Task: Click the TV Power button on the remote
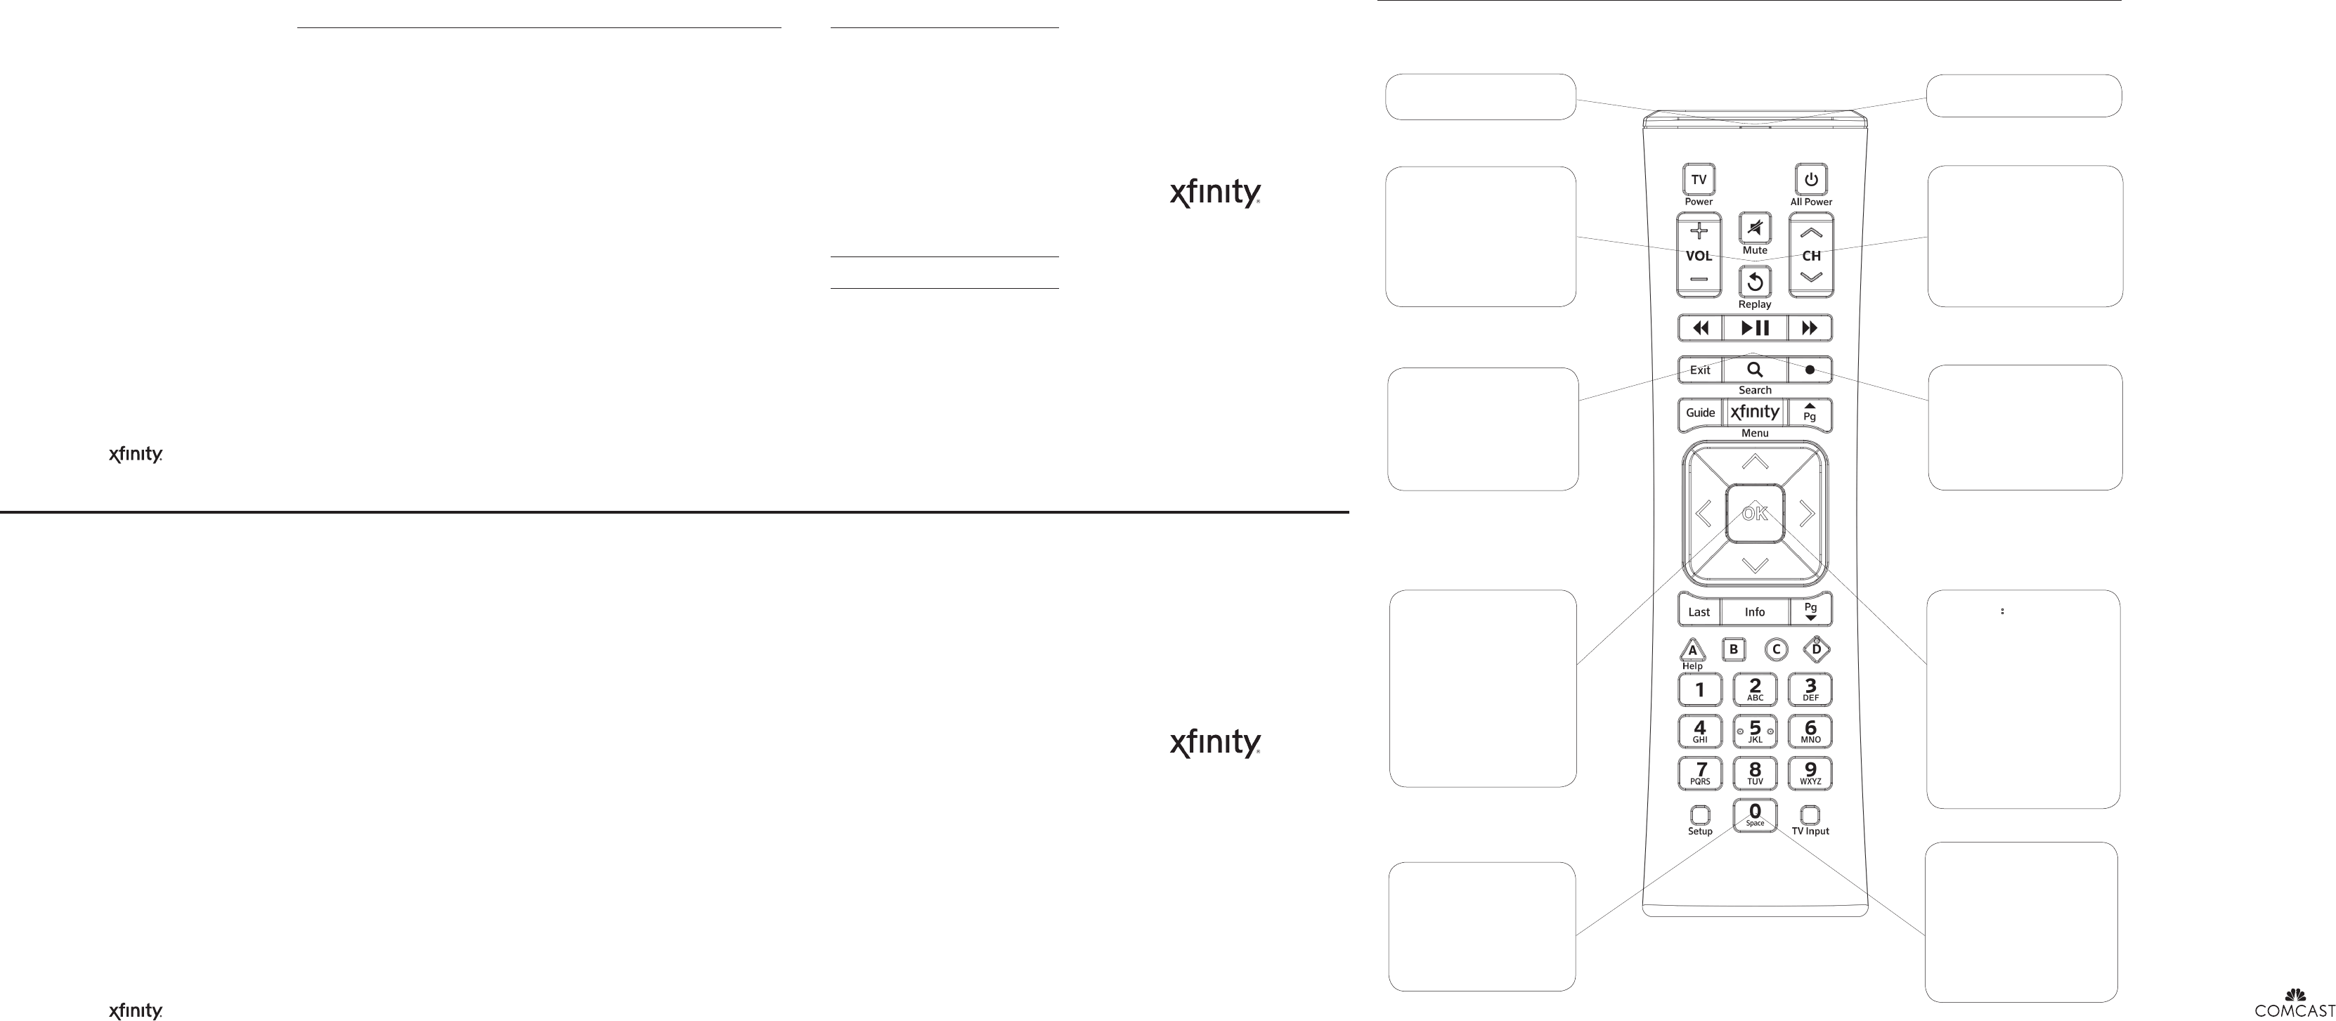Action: (1699, 180)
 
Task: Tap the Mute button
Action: (1755, 228)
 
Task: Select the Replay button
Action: (1755, 282)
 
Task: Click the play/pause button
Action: (1755, 327)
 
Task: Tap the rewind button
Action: (1700, 327)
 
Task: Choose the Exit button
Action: (1699, 370)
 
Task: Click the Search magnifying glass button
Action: (1755, 370)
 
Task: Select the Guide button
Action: (1700, 412)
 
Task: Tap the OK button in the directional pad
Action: (1755, 513)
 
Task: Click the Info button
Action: (1755, 612)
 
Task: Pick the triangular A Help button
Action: (1692, 650)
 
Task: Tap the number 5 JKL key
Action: (1755, 731)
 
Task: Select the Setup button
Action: (1700, 815)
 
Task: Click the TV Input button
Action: (1810, 815)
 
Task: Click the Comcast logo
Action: (2295, 1003)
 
